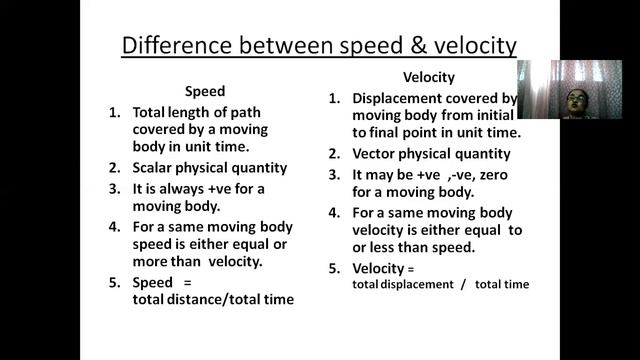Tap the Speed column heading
pyautogui.click(x=205, y=91)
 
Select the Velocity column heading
pyautogui.click(x=429, y=77)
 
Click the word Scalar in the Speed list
pyautogui.click(x=154, y=168)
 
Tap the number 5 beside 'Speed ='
pyautogui.click(x=114, y=282)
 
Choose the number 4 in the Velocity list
pyautogui.click(x=333, y=212)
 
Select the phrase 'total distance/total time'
pyautogui.click(x=212, y=299)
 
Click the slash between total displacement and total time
pyautogui.click(x=462, y=284)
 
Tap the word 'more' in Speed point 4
pyautogui.click(x=150, y=262)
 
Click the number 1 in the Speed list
pyautogui.click(x=114, y=111)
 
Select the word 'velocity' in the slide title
pyautogui.click(x=466, y=45)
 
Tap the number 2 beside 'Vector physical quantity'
pyautogui.click(x=333, y=154)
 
